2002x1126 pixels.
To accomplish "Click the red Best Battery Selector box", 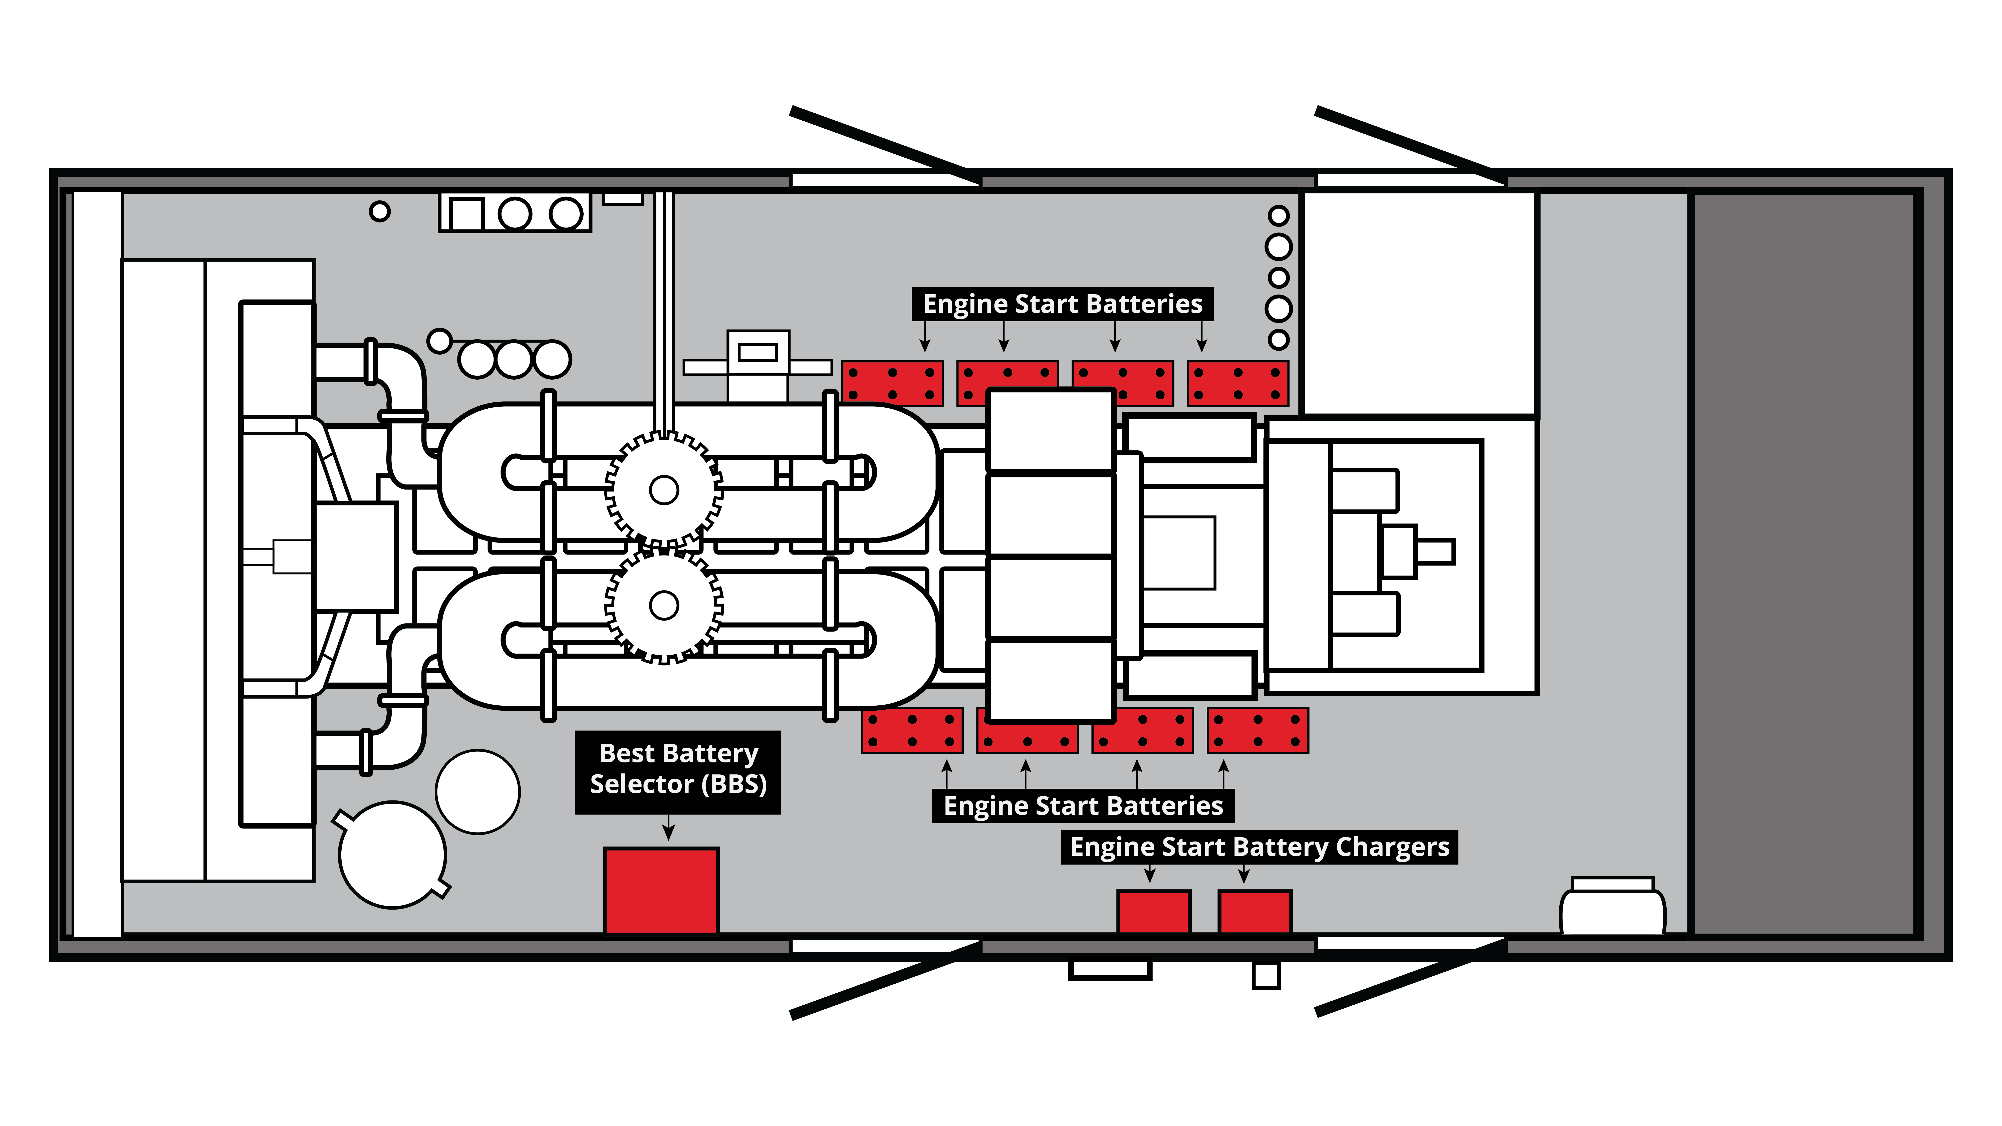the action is (x=661, y=891).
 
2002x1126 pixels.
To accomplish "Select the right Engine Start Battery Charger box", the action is (x=1255, y=912).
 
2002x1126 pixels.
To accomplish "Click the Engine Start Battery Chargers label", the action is (x=1259, y=847).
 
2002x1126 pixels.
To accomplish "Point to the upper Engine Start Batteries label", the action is (x=1062, y=304).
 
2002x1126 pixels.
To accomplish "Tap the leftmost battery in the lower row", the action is (x=912, y=730).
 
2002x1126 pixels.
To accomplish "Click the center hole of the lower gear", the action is (x=664, y=605).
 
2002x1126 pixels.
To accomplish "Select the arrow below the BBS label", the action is (x=668, y=827).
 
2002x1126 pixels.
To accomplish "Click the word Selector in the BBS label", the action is (x=642, y=784).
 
